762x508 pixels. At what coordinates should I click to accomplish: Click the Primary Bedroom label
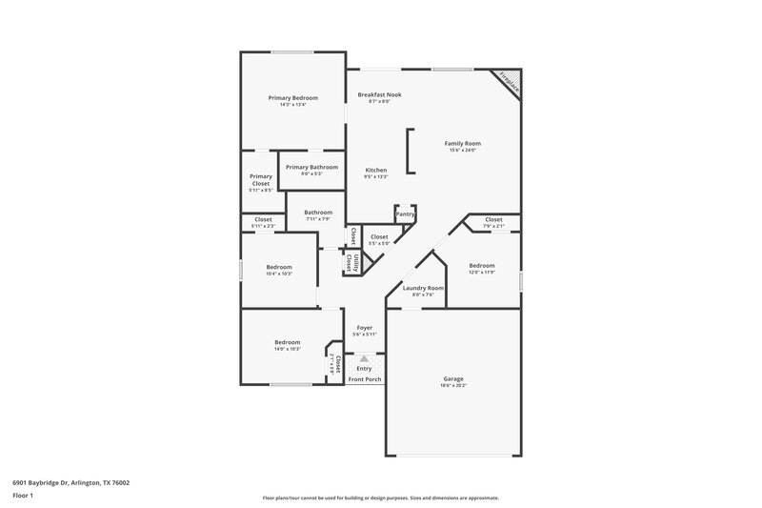point(292,98)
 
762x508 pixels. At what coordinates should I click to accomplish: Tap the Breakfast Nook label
point(379,94)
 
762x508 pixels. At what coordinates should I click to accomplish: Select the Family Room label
point(463,143)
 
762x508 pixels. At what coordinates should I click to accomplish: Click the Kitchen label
point(375,170)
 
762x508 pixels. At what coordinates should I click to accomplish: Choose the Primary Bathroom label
point(311,167)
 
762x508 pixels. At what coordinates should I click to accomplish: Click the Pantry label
point(405,214)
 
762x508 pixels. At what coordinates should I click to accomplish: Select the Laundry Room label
point(423,287)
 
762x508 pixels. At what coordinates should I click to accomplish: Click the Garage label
point(452,378)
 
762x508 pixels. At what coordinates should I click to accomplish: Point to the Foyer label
point(365,328)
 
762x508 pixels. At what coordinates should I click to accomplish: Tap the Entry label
point(364,369)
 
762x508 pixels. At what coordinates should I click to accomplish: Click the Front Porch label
point(364,379)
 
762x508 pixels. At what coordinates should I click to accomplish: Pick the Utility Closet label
point(351,262)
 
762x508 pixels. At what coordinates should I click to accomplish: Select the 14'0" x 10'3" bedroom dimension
point(288,349)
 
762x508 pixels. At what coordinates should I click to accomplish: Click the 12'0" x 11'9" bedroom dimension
point(481,273)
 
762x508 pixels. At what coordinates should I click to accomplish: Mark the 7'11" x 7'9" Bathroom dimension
point(318,219)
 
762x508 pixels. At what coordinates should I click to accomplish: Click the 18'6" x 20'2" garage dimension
point(452,386)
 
